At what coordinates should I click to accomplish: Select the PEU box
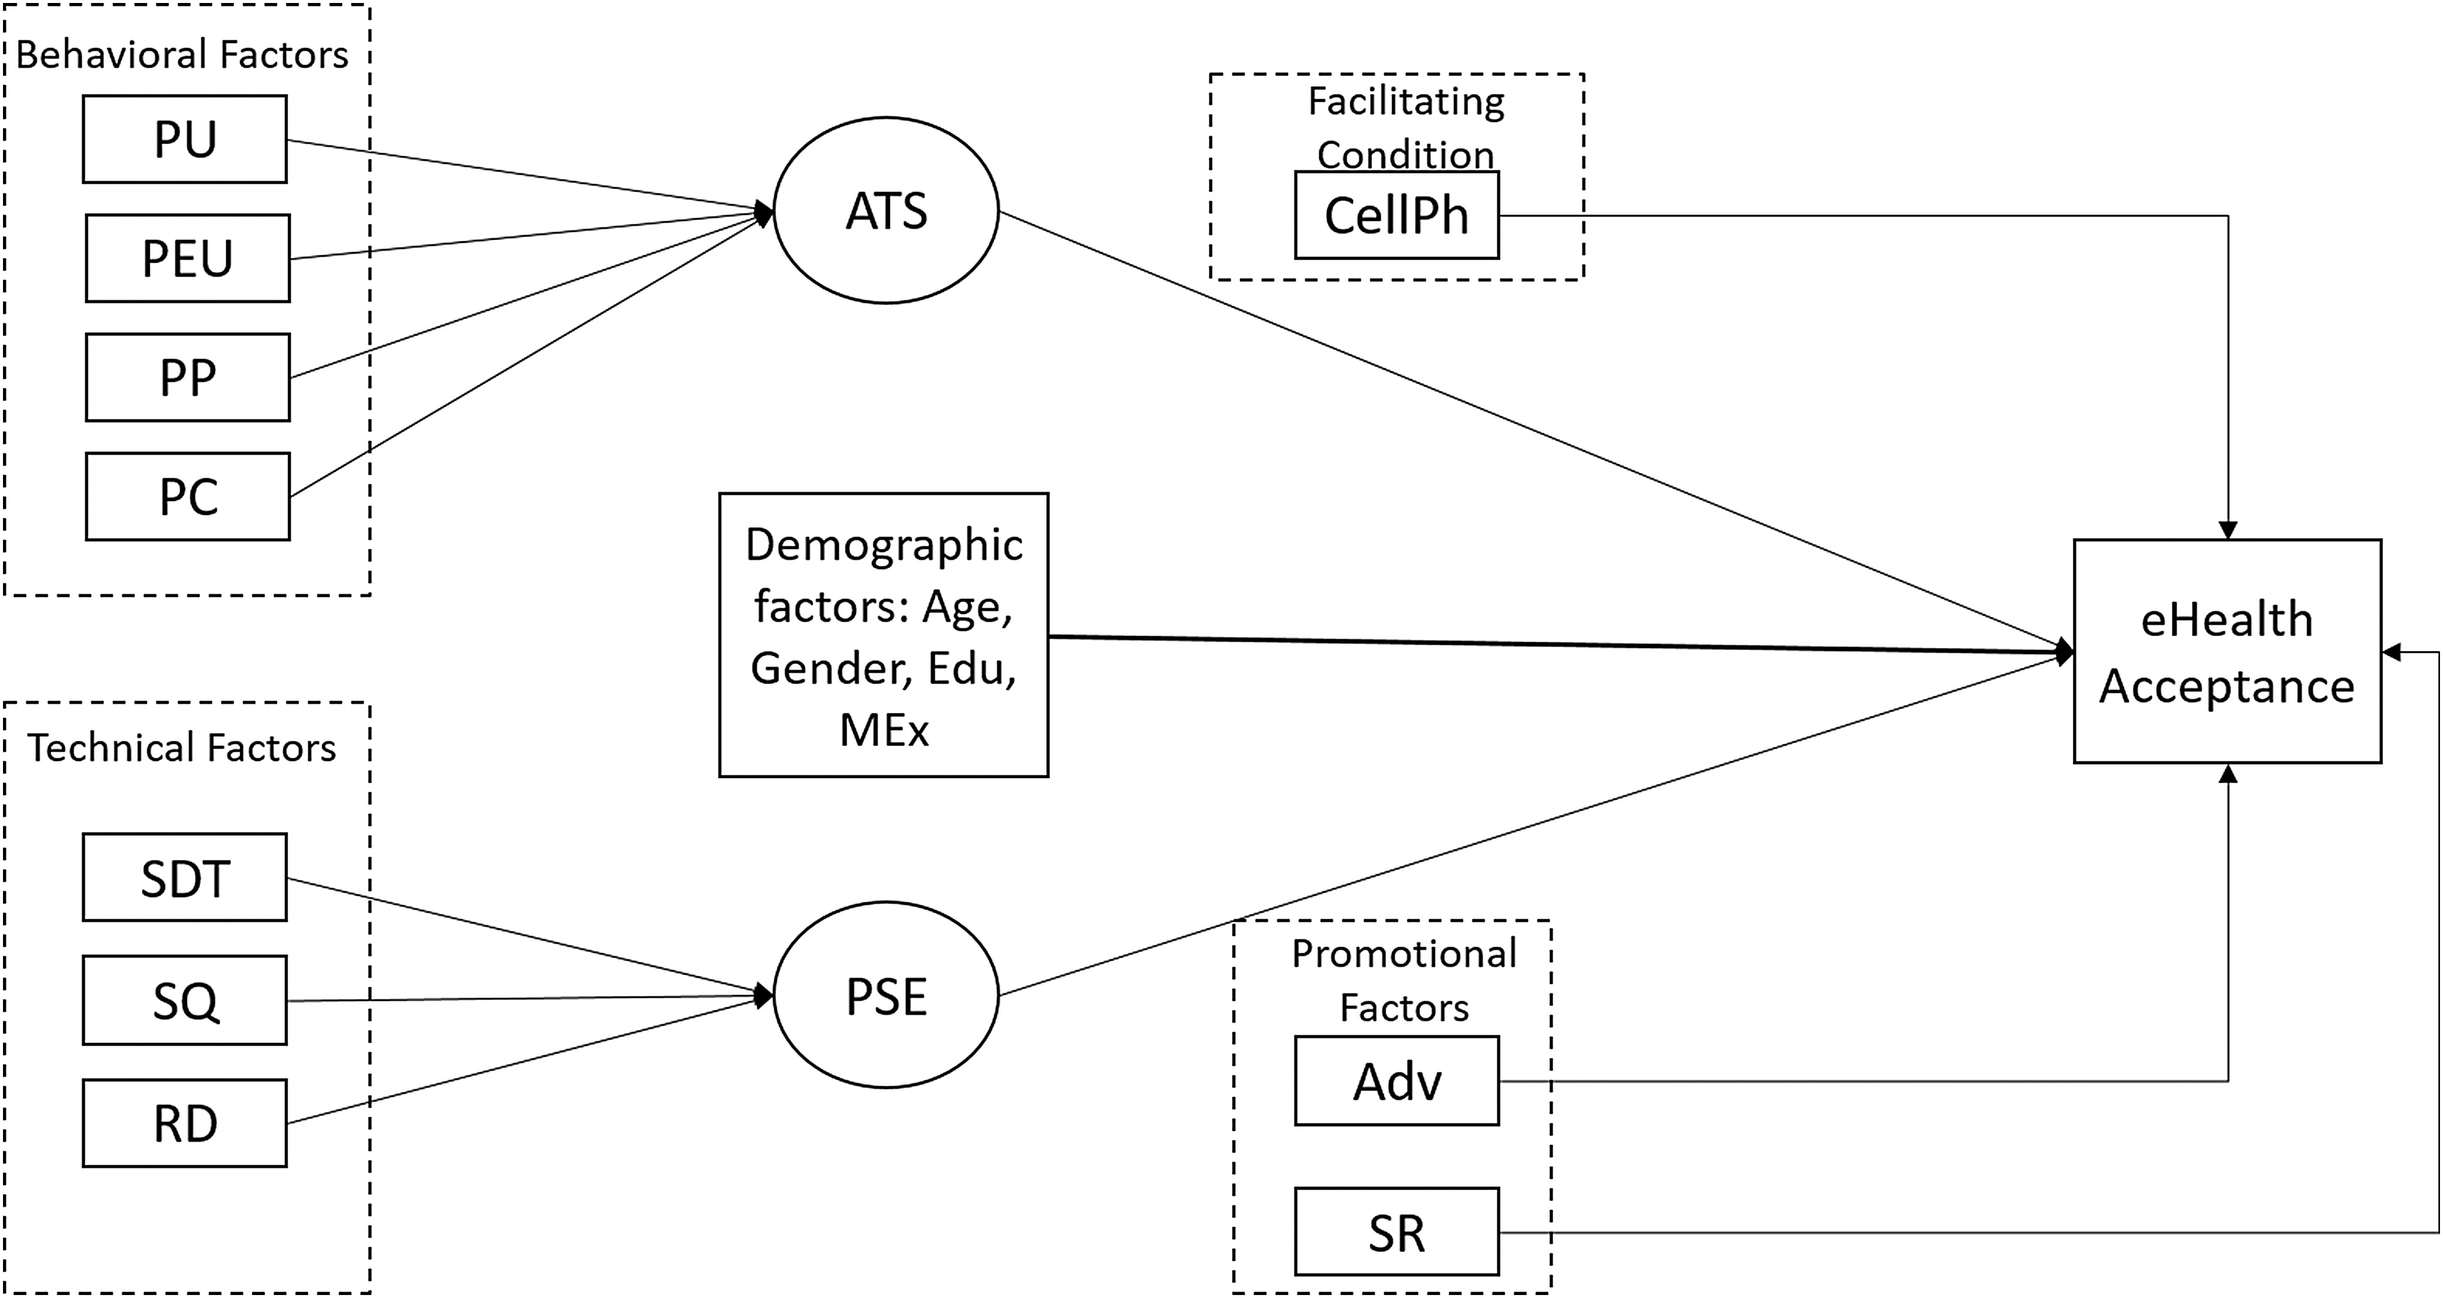tap(188, 258)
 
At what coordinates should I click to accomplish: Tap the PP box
tap(188, 378)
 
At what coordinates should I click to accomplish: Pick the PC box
tap(188, 497)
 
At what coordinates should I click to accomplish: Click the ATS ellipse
tap(887, 211)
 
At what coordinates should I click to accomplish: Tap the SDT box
tap(185, 878)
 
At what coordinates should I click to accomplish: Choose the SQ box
tap(185, 1001)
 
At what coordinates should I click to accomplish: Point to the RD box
tap(185, 1123)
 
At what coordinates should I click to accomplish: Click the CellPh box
tap(1397, 215)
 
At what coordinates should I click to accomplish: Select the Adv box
tap(1397, 1081)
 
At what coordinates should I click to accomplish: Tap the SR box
tap(1397, 1232)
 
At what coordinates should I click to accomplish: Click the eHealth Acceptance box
tap(2227, 651)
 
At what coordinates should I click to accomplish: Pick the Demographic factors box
tap(884, 636)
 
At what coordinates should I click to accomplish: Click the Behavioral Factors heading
tap(182, 55)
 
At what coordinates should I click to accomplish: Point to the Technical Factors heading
tap(181, 748)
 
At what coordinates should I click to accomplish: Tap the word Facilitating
tap(1407, 102)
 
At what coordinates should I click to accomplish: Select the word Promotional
tap(1405, 954)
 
